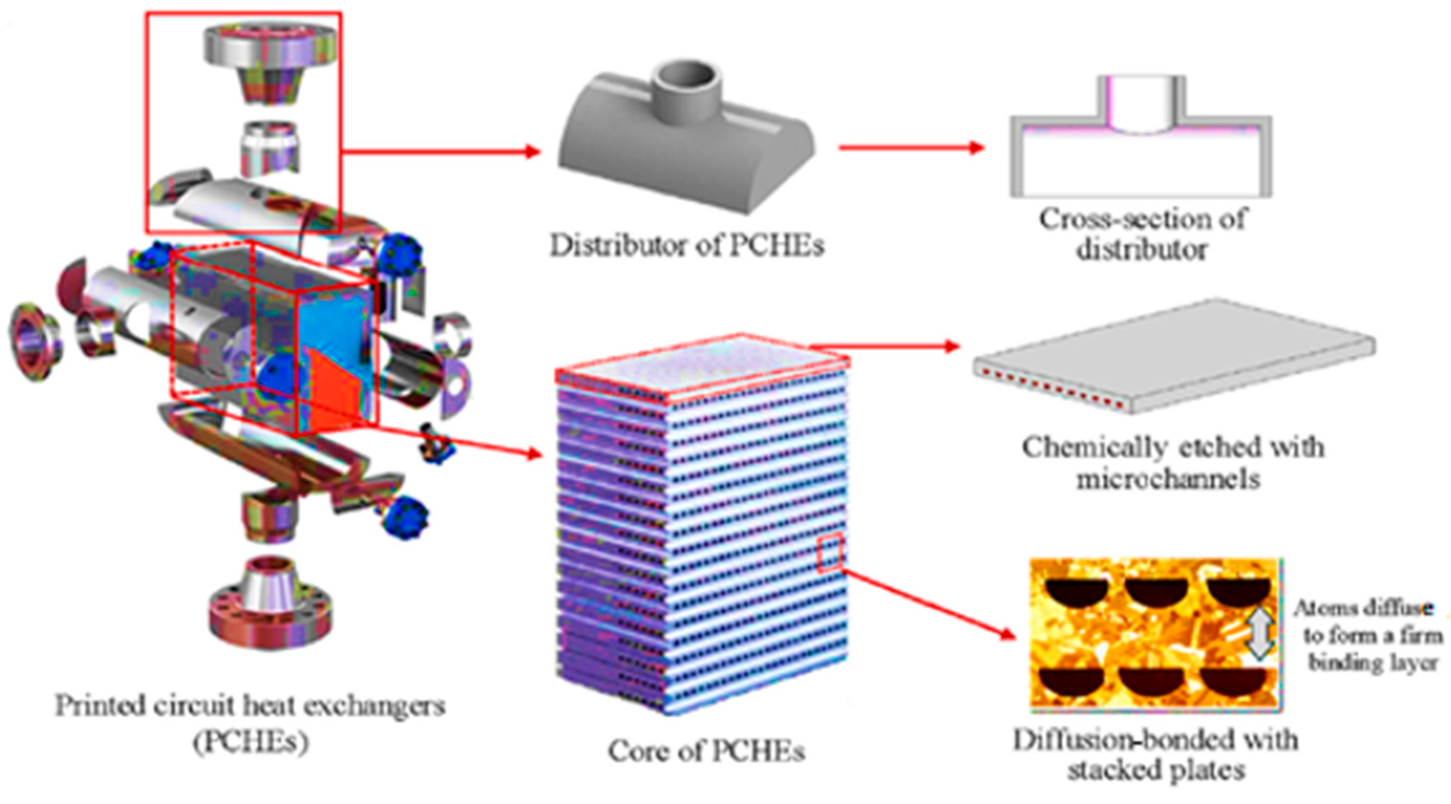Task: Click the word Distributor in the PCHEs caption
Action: pyautogui.click(x=617, y=246)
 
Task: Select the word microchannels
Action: pyautogui.click(x=1168, y=480)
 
